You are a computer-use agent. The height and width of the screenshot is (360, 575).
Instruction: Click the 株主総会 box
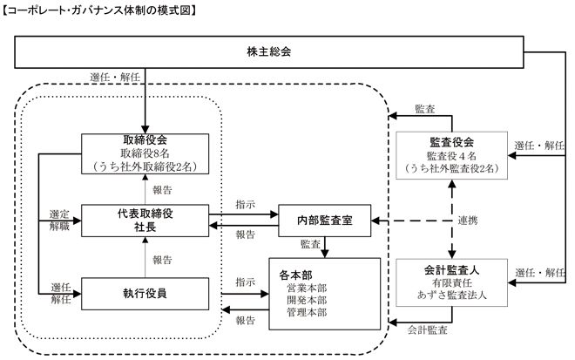(x=269, y=51)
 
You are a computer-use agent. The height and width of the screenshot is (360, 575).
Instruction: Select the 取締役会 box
(x=145, y=153)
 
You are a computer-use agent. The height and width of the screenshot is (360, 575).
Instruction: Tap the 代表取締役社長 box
(x=145, y=221)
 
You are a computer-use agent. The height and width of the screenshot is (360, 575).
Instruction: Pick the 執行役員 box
(x=145, y=294)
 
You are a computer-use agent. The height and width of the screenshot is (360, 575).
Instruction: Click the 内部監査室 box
(x=325, y=221)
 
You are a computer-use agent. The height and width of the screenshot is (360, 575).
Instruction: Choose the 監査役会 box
(x=452, y=155)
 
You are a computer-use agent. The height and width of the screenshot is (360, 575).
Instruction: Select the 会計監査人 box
(x=452, y=282)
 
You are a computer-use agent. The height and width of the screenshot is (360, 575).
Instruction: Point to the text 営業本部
(x=307, y=288)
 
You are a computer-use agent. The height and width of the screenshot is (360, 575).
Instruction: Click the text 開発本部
(x=307, y=300)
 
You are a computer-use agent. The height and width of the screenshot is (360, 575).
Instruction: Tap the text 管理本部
(x=307, y=312)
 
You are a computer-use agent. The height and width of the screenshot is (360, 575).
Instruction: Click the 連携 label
(x=468, y=221)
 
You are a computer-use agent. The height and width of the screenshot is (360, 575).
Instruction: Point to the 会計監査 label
(x=427, y=329)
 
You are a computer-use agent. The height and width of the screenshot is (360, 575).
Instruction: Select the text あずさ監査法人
(x=452, y=295)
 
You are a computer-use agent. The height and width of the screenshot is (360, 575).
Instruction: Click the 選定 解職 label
(x=59, y=221)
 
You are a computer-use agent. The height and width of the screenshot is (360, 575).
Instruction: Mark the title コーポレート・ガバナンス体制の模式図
(x=99, y=10)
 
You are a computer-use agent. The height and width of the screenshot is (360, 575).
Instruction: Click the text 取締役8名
(x=145, y=153)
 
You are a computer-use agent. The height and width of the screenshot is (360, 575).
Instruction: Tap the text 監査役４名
(x=452, y=156)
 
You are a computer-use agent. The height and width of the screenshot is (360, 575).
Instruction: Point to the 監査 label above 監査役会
(x=425, y=109)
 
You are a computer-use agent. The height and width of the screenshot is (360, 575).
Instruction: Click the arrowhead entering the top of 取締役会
(x=145, y=129)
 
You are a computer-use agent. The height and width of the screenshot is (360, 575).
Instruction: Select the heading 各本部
(x=295, y=275)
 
